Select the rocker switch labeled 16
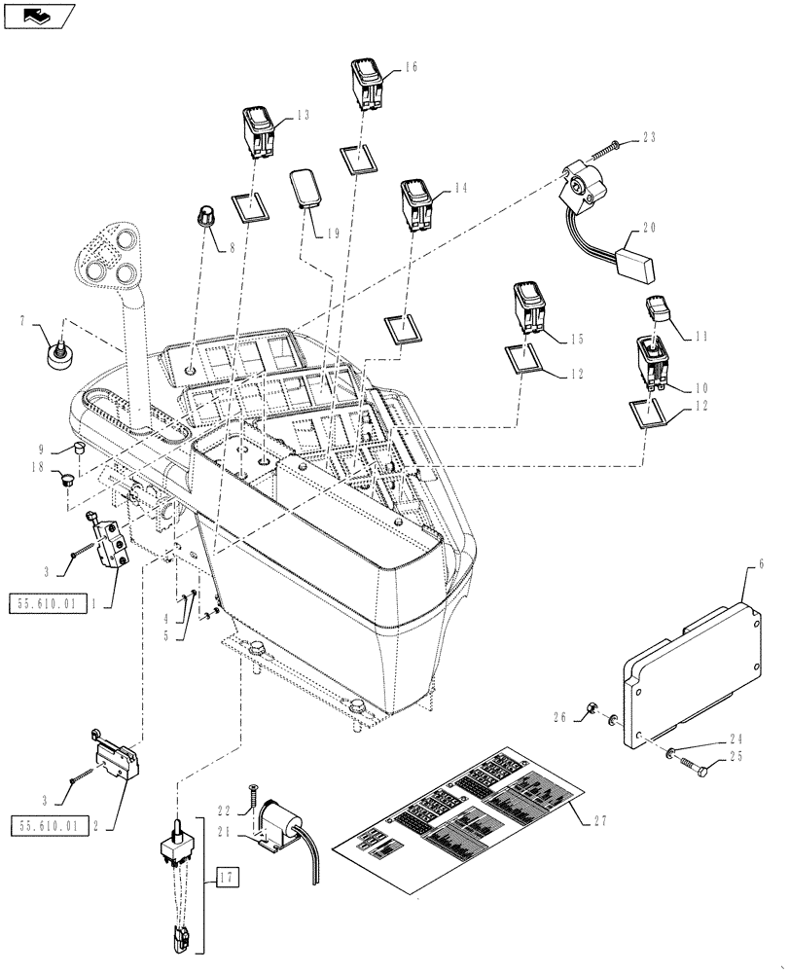tap(368, 85)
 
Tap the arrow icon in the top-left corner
tap(37, 16)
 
